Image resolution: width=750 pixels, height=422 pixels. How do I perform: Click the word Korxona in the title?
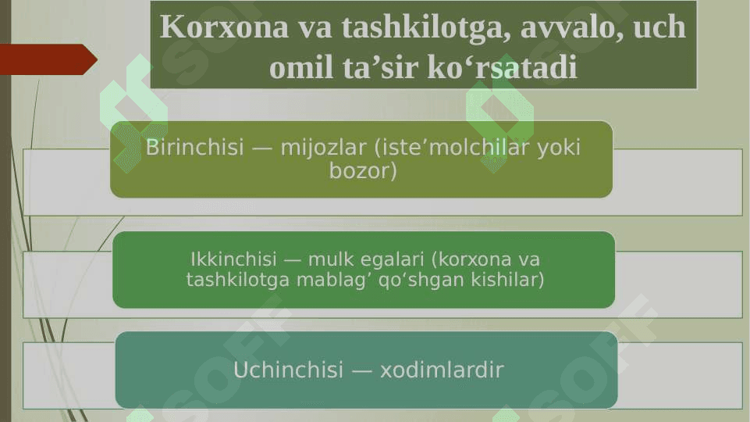tap(224, 27)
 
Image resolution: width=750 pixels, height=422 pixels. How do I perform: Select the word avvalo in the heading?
tap(572, 28)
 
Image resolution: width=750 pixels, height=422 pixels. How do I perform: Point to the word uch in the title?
tap(659, 27)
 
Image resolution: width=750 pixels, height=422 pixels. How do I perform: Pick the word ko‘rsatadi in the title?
tap(502, 67)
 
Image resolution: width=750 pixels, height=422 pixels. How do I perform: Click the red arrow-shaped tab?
tap(48, 59)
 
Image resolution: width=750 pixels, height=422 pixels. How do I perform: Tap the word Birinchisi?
tap(194, 147)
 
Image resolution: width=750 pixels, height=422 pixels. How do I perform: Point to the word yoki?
tap(559, 148)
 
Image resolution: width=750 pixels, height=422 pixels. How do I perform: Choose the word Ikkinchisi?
tap(233, 259)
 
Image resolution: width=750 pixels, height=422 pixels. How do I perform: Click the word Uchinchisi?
tap(289, 370)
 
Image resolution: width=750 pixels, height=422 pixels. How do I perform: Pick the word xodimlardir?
tap(442, 370)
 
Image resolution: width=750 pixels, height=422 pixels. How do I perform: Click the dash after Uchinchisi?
tap(362, 370)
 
